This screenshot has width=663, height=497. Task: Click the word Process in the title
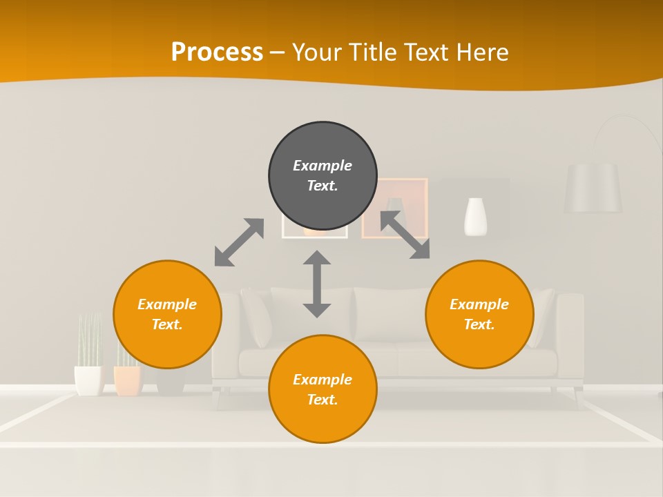pyautogui.click(x=217, y=52)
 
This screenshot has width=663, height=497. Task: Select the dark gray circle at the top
pyautogui.click(x=323, y=176)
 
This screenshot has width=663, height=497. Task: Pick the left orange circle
pyautogui.click(x=167, y=314)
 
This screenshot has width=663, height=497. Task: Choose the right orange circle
pyautogui.click(x=479, y=314)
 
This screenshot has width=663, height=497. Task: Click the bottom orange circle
pyautogui.click(x=323, y=389)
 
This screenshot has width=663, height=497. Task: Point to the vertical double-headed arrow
pyautogui.click(x=317, y=284)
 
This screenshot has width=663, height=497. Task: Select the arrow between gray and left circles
pyautogui.click(x=239, y=242)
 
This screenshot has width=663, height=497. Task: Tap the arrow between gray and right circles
pyautogui.click(x=405, y=235)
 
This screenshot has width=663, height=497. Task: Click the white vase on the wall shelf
pyautogui.click(x=475, y=217)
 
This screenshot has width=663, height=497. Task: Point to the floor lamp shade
pyautogui.click(x=593, y=188)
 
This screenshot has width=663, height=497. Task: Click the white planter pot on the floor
pyautogui.click(x=88, y=380)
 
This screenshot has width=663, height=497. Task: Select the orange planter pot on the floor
pyautogui.click(x=128, y=380)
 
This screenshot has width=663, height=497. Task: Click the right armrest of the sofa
pyautogui.click(x=570, y=331)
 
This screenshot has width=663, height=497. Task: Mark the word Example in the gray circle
pyautogui.click(x=323, y=166)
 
